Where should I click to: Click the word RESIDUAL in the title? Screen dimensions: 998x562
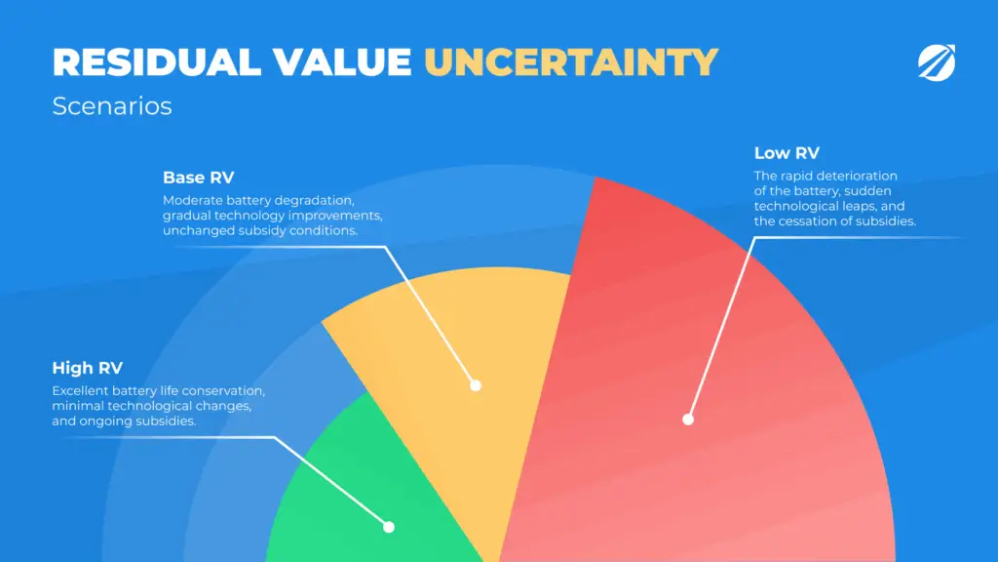[x=157, y=62]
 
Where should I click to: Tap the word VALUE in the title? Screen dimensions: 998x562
[x=342, y=62]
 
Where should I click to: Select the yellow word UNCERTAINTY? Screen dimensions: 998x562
[x=571, y=62]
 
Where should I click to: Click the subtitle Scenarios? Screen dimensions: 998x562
[x=112, y=105]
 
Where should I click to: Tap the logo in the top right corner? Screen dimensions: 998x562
[x=937, y=62]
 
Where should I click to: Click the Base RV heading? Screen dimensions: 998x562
[x=199, y=178]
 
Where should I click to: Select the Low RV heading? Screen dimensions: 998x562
[x=787, y=153]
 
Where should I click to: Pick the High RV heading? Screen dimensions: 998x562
[x=87, y=368]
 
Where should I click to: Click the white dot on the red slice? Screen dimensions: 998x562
[x=688, y=420]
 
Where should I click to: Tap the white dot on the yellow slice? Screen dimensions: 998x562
[x=476, y=385]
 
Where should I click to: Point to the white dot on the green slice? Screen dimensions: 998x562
[x=389, y=527]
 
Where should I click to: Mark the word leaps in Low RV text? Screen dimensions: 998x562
[x=860, y=207]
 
